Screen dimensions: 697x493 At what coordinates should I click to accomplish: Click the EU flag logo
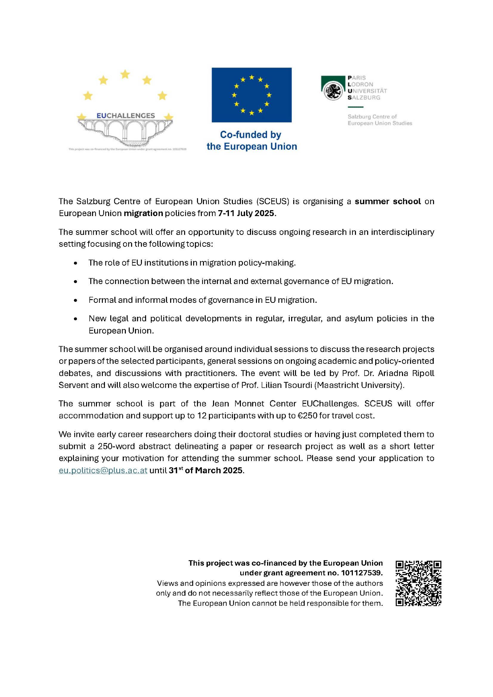pos(251,95)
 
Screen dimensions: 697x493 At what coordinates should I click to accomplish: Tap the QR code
pos(418,583)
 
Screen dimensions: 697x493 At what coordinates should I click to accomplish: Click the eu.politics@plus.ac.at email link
pos(103,470)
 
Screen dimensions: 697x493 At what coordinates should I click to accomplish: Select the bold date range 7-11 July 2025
pos(246,213)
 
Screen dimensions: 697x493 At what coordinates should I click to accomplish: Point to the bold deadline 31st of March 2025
pos(206,470)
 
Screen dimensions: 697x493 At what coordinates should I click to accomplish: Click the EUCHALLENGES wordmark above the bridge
pos(126,116)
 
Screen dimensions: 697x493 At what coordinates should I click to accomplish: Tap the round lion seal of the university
pos(333,91)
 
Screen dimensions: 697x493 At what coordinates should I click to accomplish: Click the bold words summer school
pos(388,201)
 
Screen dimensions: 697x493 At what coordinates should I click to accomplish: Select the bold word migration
pos(143,213)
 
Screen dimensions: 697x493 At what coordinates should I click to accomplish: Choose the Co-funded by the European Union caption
pos(251,140)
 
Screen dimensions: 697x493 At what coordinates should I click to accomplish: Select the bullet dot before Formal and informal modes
pos(75,300)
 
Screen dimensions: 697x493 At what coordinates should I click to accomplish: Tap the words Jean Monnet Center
pos(254,404)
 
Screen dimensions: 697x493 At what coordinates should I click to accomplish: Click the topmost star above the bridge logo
pos(125,74)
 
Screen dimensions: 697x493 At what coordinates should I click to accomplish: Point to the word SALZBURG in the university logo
pos(364,98)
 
